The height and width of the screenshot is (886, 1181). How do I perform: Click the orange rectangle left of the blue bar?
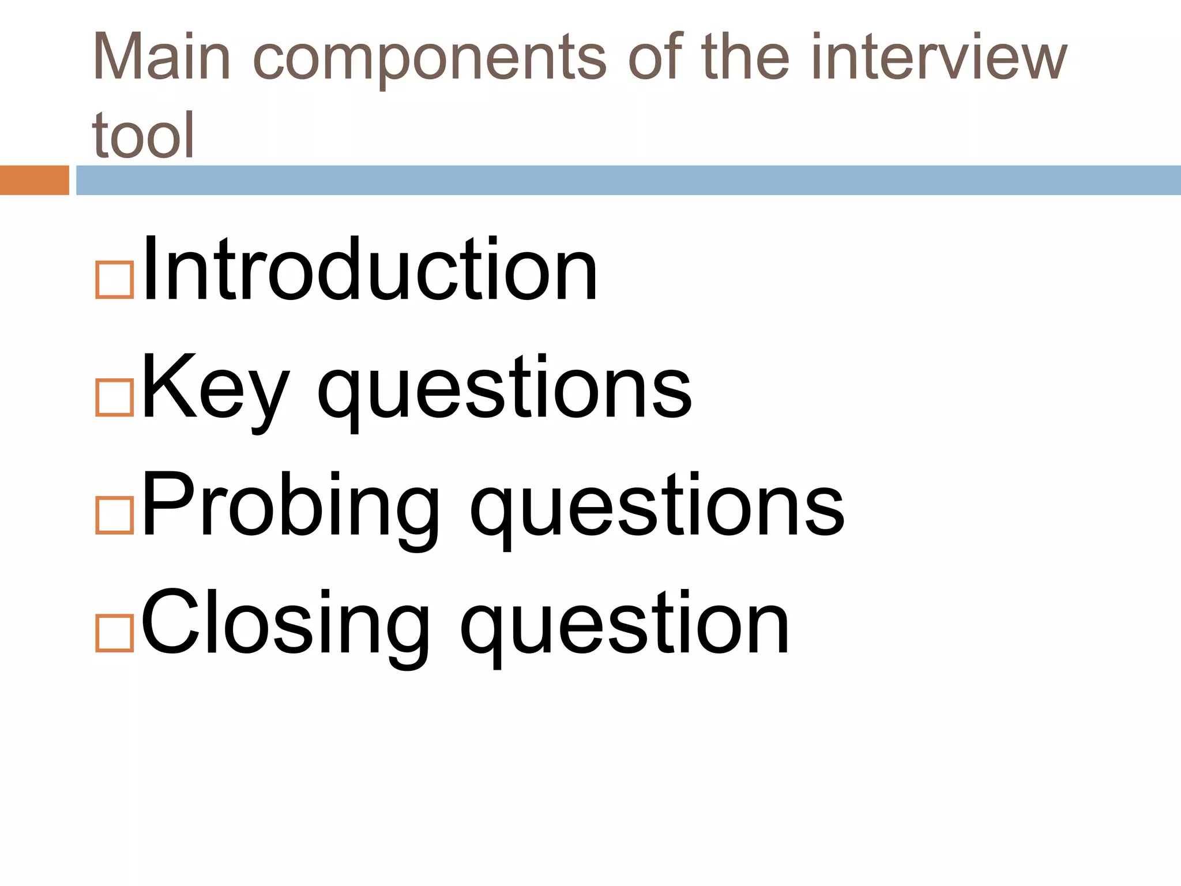[x=34, y=180]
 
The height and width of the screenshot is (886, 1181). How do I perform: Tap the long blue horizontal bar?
[x=628, y=180]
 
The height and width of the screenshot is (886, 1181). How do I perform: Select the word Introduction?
[x=370, y=270]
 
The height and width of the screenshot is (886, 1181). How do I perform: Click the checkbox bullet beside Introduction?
[x=114, y=280]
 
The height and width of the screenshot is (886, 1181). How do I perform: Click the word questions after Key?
[x=505, y=392]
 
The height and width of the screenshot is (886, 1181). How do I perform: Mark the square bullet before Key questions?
[x=114, y=397]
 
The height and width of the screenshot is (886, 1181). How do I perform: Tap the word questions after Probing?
[x=657, y=510]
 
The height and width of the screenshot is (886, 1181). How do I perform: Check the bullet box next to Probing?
[x=114, y=516]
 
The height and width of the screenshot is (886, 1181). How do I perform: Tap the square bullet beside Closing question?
[x=114, y=633]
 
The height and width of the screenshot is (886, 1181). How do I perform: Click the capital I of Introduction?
[x=148, y=269]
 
